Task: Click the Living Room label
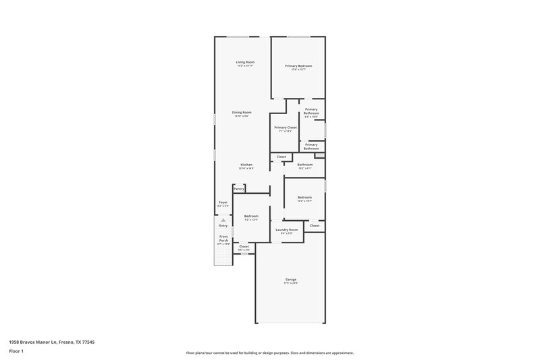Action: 244,62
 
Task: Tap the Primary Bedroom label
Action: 298,66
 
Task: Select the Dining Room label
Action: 241,112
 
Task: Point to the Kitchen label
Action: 246,165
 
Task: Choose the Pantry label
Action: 239,188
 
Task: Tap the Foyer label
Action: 223,202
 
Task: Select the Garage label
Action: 290,279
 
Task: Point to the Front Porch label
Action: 223,238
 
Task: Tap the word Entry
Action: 223,225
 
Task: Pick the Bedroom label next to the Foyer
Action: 251,216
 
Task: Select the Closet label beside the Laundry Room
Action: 315,225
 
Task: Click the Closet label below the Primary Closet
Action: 281,157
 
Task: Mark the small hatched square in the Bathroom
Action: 319,156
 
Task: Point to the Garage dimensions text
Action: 290,282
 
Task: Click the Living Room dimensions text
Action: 244,66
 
